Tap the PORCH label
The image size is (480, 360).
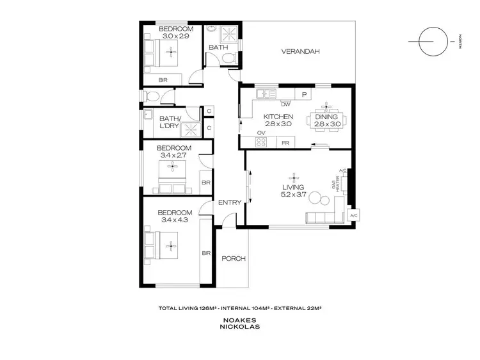coord(234,259)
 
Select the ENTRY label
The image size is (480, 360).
coord(230,202)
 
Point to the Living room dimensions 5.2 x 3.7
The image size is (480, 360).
coord(295,195)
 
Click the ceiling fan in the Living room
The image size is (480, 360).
coord(295,176)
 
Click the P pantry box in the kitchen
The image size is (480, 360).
coord(305,94)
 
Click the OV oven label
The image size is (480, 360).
coord(261,134)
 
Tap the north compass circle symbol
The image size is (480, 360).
coord(429,42)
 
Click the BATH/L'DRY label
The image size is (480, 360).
coord(170,122)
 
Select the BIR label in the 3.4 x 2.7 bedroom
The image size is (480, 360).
coord(206,183)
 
